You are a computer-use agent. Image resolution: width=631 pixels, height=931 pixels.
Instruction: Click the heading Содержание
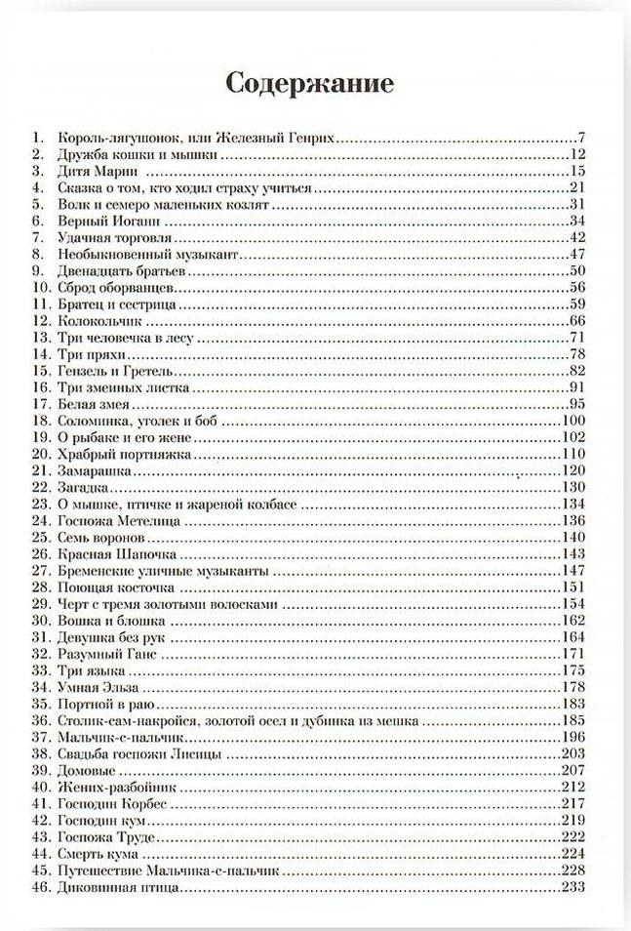click(310, 84)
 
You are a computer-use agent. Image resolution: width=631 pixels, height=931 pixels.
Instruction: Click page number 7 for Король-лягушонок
click(579, 138)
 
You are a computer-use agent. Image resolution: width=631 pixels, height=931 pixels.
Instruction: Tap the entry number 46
click(40, 888)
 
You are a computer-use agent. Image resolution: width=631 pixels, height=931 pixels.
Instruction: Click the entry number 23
click(40, 504)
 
